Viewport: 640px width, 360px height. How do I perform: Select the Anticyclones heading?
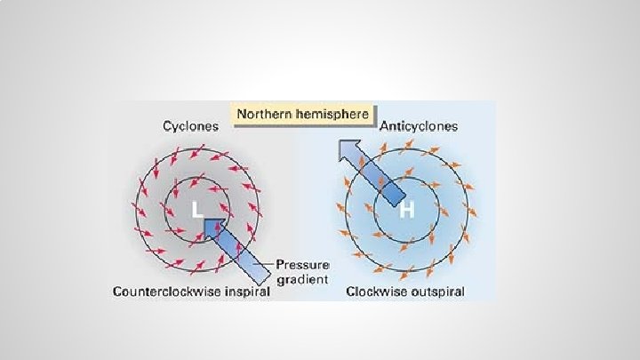pyautogui.click(x=419, y=125)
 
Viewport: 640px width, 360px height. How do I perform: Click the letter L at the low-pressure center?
pyautogui.click(x=198, y=211)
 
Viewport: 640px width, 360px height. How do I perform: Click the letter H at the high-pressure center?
pyautogui.click(x=406, y=211)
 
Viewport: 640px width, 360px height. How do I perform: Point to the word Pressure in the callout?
pyautogui.click(x=303, y=265)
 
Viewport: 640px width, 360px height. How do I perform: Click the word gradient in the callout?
pyautogui.click(x=301, y=279)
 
